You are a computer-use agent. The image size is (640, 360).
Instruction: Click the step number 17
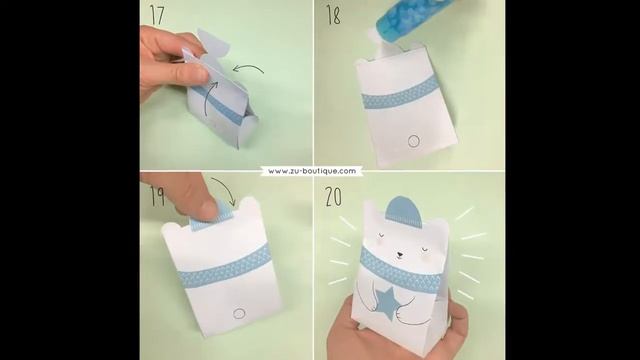coord(156,14)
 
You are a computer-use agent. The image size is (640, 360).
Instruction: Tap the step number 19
coord(157,195)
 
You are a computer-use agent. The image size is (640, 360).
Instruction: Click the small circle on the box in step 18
coord(413,141)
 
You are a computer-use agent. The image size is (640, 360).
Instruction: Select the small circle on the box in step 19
coord(238,313)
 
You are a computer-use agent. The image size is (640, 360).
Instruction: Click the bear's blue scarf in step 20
coord(400,270)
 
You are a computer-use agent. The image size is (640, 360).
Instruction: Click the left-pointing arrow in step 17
coord(249,70)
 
